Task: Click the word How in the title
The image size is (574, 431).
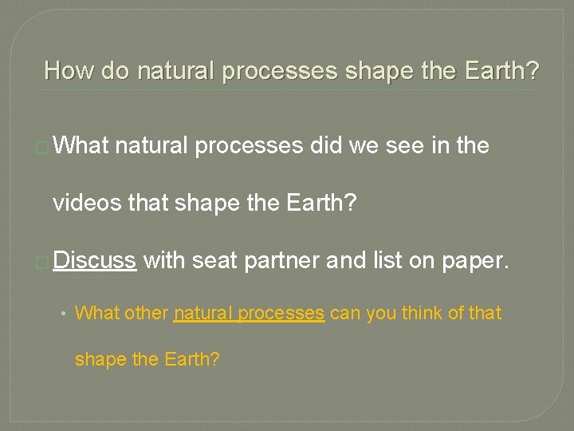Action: [69, 71]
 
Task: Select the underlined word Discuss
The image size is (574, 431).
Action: [96, 260]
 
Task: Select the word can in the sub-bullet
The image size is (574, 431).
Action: [344, 313]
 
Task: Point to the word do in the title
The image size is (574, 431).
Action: [116, 71]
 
